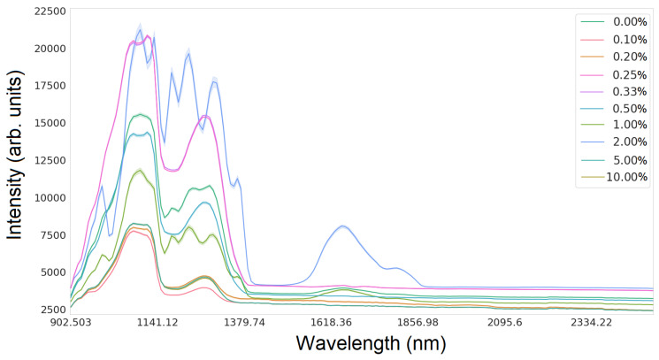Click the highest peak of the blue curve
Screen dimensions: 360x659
(x=140, y=29)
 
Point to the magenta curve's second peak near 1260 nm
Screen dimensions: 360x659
(x=204, y=116)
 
